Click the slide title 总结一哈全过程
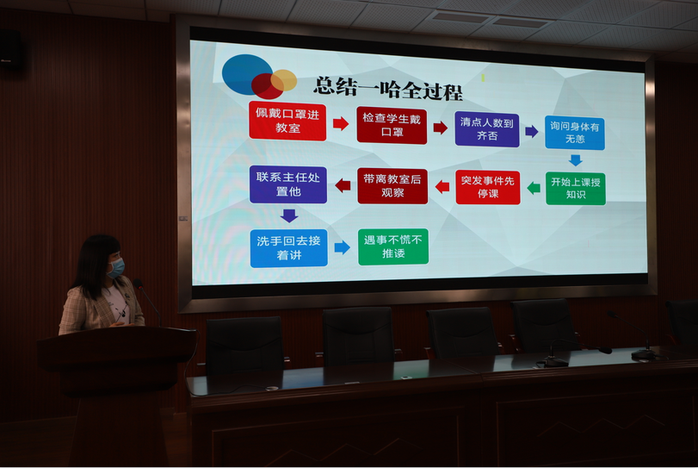389,89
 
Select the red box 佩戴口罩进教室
287,121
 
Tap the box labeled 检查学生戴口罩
392,125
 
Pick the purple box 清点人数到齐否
487,129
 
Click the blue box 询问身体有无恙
575,133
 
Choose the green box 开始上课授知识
576,189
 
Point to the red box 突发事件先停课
488,187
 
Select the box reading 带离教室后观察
392,186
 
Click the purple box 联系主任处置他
288,184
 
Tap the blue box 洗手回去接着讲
289,248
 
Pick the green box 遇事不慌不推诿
393,246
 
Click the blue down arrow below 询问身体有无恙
576,160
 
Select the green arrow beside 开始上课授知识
534,188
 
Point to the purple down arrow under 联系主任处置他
289,215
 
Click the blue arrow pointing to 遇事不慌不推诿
342,247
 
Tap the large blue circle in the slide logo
246,74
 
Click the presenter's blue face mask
117,267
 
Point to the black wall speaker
10,49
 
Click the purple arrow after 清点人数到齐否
532,132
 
